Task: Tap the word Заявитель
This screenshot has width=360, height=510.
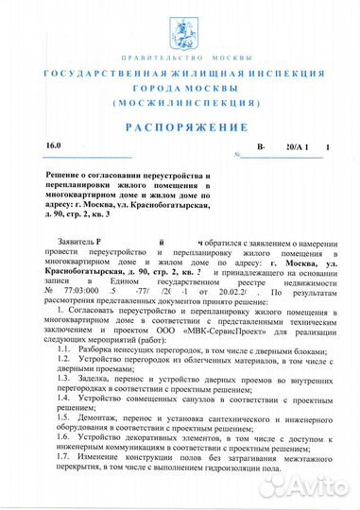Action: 76,243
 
